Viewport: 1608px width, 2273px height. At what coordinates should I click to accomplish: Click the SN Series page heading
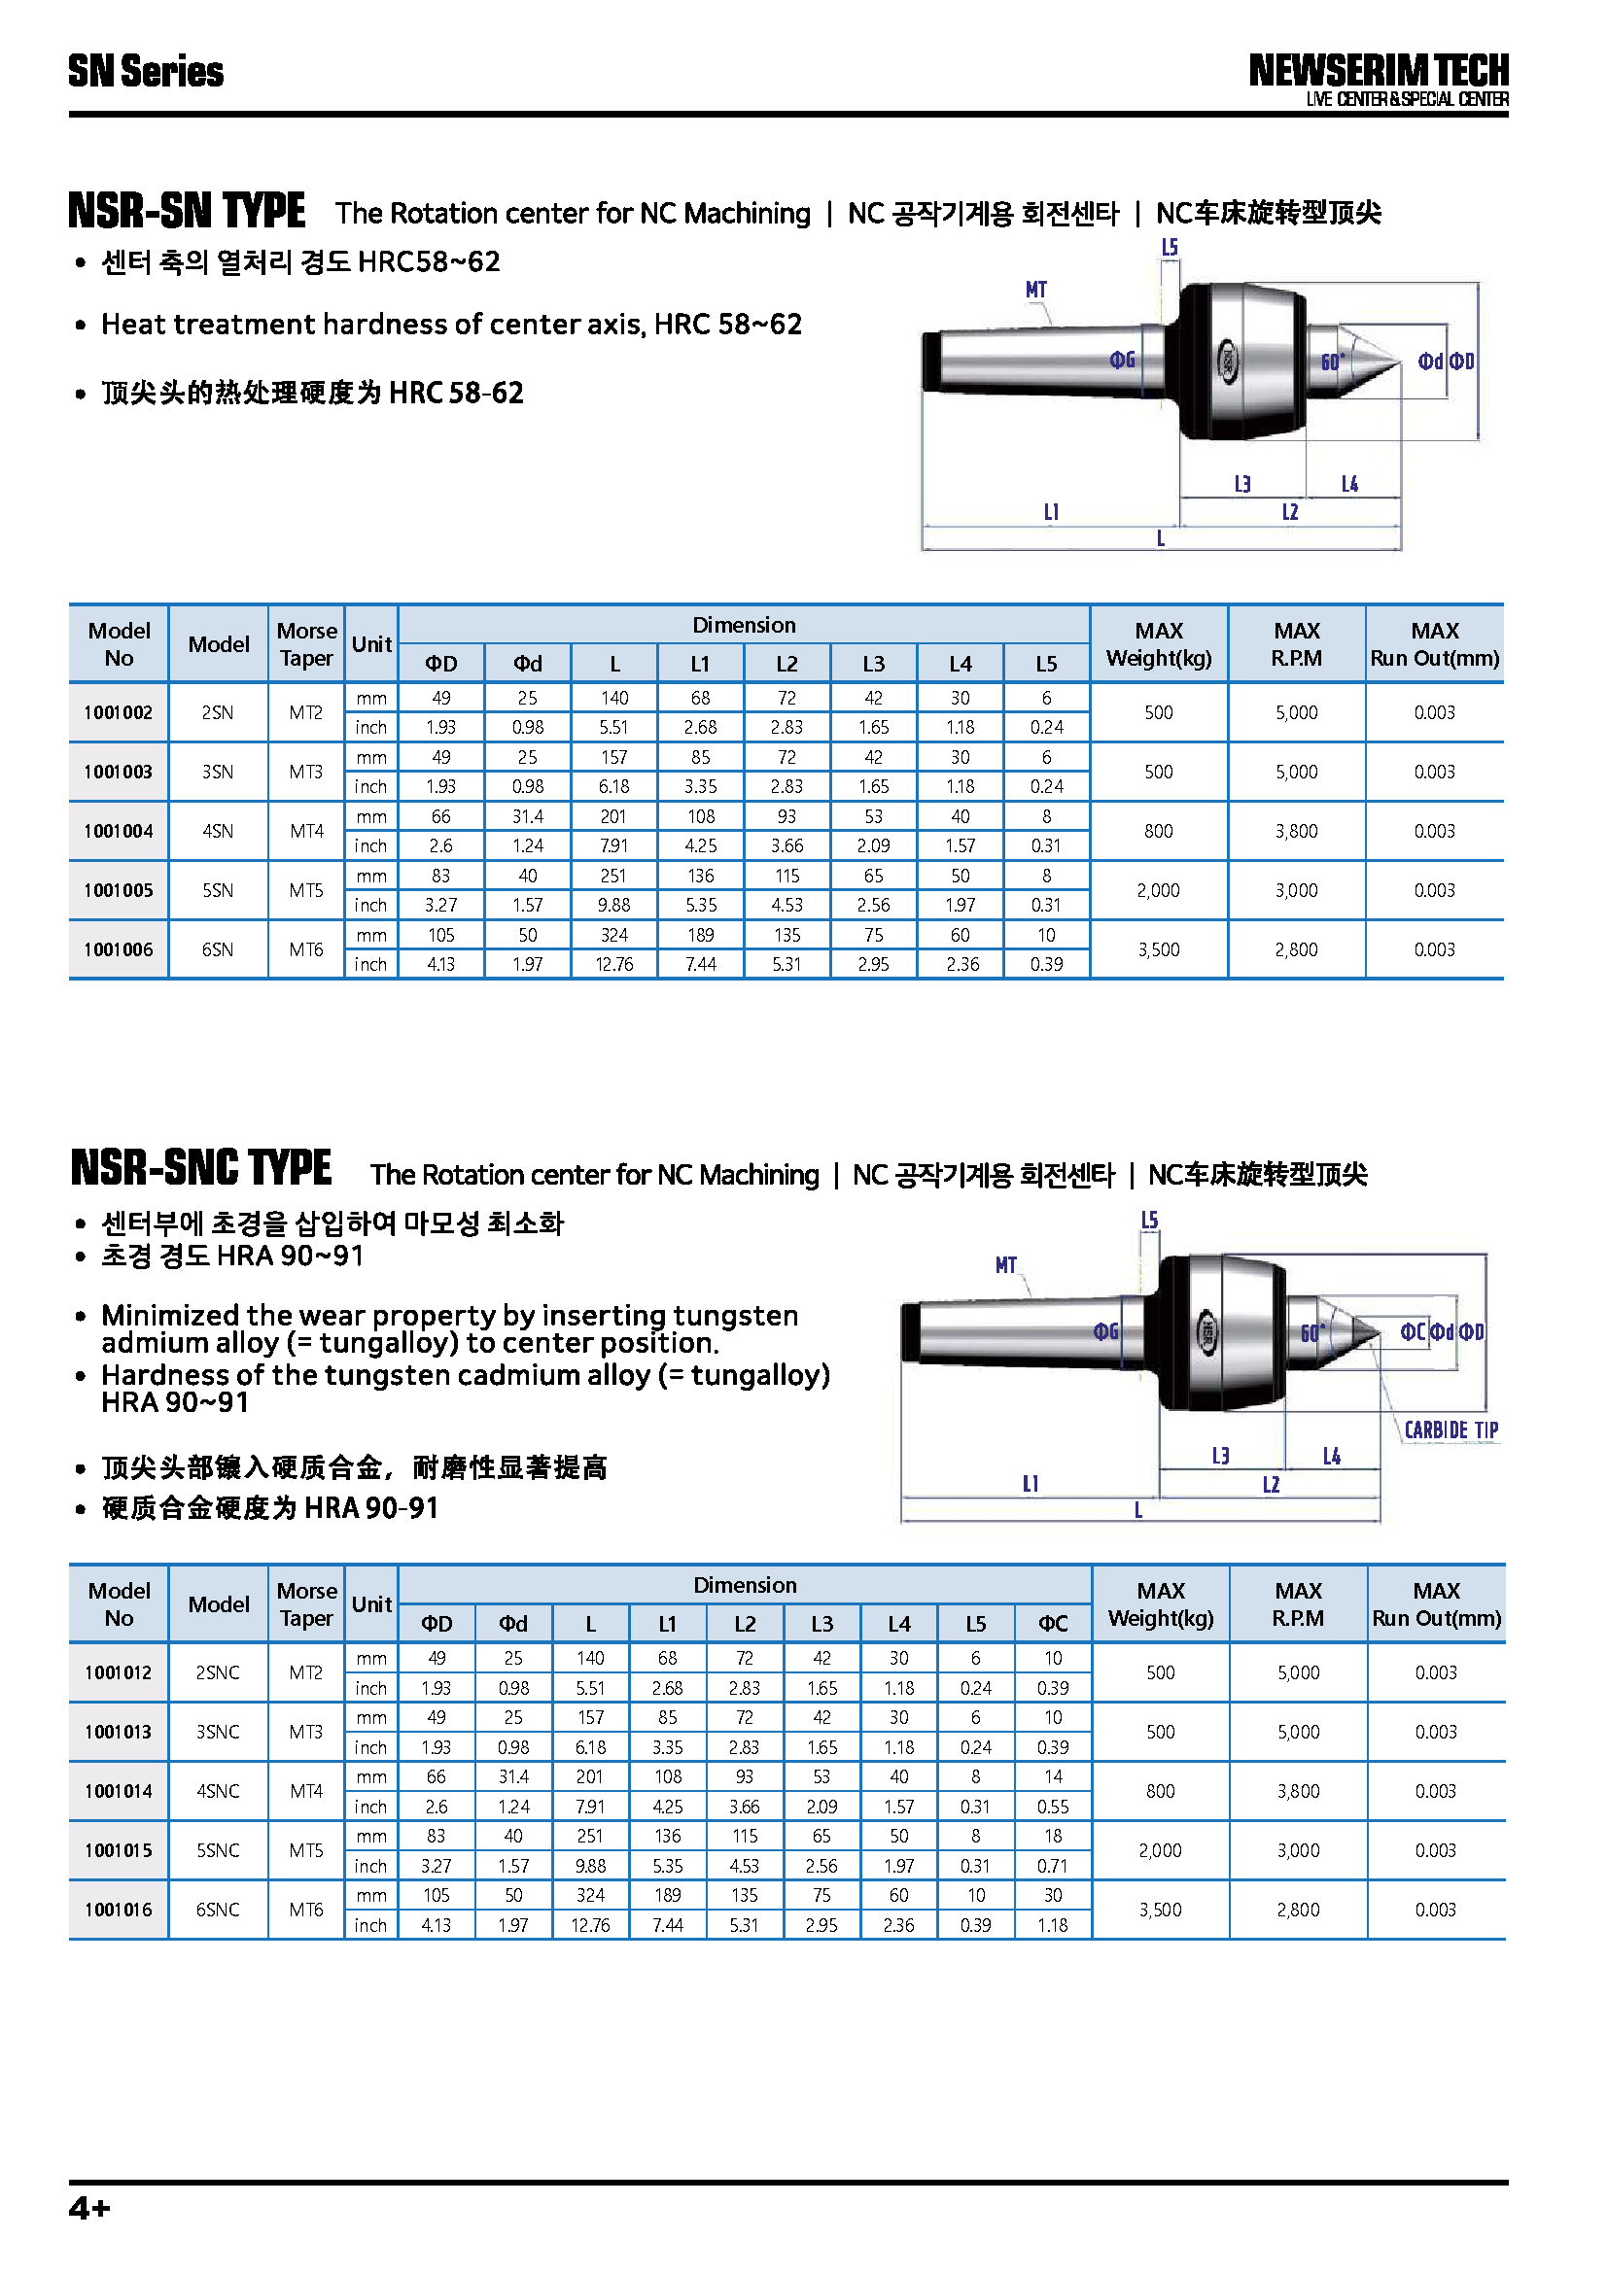[x=146, y=71]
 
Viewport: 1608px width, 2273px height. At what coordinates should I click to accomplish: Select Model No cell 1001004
[x=118, y=832]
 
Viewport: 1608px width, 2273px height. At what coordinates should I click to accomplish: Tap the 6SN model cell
[x=218, y=950]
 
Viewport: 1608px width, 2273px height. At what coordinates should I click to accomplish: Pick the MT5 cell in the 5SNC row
[x=306, y=1850]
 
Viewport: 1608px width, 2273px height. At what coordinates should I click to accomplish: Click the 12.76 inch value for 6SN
[x=613, y=965]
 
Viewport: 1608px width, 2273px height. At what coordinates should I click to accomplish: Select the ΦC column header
[x=1053, y=1624]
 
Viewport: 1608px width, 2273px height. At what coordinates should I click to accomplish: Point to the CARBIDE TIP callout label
[x=1451, y=1430]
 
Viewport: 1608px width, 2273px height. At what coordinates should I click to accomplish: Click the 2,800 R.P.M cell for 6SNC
[x=1297, y=1910]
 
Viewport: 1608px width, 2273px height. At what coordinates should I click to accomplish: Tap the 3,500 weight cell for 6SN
[x=1159, y=950]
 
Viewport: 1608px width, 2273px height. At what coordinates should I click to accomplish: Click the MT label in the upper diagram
[x=1035, y=290]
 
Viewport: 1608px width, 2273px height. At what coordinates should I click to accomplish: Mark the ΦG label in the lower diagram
[x=1106, y=1332]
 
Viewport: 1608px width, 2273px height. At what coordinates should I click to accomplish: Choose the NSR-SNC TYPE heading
[x=201, y=1168]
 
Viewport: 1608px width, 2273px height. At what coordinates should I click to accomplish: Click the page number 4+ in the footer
[x=89, y=2208]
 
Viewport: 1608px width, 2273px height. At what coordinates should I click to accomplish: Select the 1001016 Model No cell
[x=118, y=1910]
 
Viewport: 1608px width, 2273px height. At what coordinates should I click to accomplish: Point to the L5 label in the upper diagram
[x=1170, y=248]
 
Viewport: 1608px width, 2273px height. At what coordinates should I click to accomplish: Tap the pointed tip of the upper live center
[x=1398, y=363]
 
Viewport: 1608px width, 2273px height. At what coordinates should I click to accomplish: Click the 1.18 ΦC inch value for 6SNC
[x=1053, y=1925]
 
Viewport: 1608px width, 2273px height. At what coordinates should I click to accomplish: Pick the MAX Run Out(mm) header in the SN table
[x=1434, y=644]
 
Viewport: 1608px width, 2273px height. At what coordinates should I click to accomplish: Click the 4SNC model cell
[x=218, y=1791]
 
